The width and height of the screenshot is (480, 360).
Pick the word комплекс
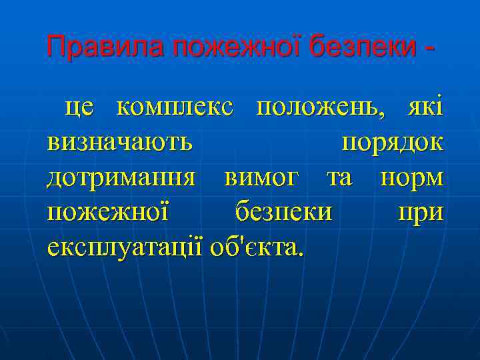coord(175,109)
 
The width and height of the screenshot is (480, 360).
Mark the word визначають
coord(121,143)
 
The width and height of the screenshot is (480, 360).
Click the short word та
coord(339,178)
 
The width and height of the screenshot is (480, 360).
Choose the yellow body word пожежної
coord(109,213)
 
